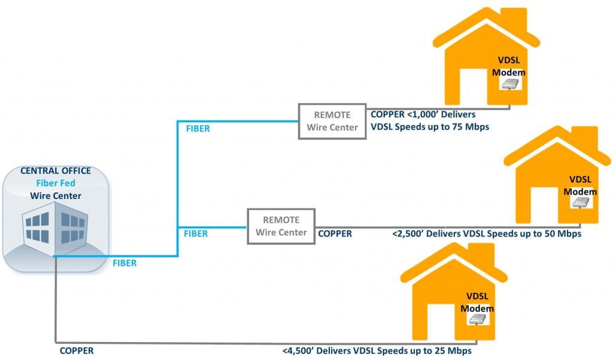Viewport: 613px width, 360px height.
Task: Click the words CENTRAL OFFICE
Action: [x=56, y=171]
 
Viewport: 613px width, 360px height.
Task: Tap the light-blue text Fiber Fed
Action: [x=56, y=183]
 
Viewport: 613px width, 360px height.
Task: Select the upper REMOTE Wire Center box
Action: [x=332, y=122]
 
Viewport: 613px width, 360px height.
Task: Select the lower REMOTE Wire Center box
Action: [x=281, y=226]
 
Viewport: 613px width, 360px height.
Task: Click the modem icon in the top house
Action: [x=510, y=84]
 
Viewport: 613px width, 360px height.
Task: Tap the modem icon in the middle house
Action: [x=581, y=202]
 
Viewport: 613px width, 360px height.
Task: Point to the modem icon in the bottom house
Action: [x=478, y=319]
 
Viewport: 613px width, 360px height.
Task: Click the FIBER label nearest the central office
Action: [x=125, y=263]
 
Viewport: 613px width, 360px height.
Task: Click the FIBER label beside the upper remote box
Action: [x=198, y=129]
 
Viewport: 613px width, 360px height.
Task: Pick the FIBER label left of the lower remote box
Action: [x=196, y=234]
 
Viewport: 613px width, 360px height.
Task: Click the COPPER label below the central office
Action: [x=77, y=350]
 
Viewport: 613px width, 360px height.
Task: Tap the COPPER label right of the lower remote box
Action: [x=335, y=234]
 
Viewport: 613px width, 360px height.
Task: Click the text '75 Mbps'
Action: [x=471, y=127]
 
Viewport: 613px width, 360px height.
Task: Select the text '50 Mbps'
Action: [x=563, y=234]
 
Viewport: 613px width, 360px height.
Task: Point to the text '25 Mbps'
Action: [x=454, y=350]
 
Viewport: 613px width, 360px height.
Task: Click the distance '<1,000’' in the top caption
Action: [x=423, y=114]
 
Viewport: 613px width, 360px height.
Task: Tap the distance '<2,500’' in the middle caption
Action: [x=408, y=234]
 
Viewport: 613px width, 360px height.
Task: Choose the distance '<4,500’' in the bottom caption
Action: [x=298, y=350]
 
